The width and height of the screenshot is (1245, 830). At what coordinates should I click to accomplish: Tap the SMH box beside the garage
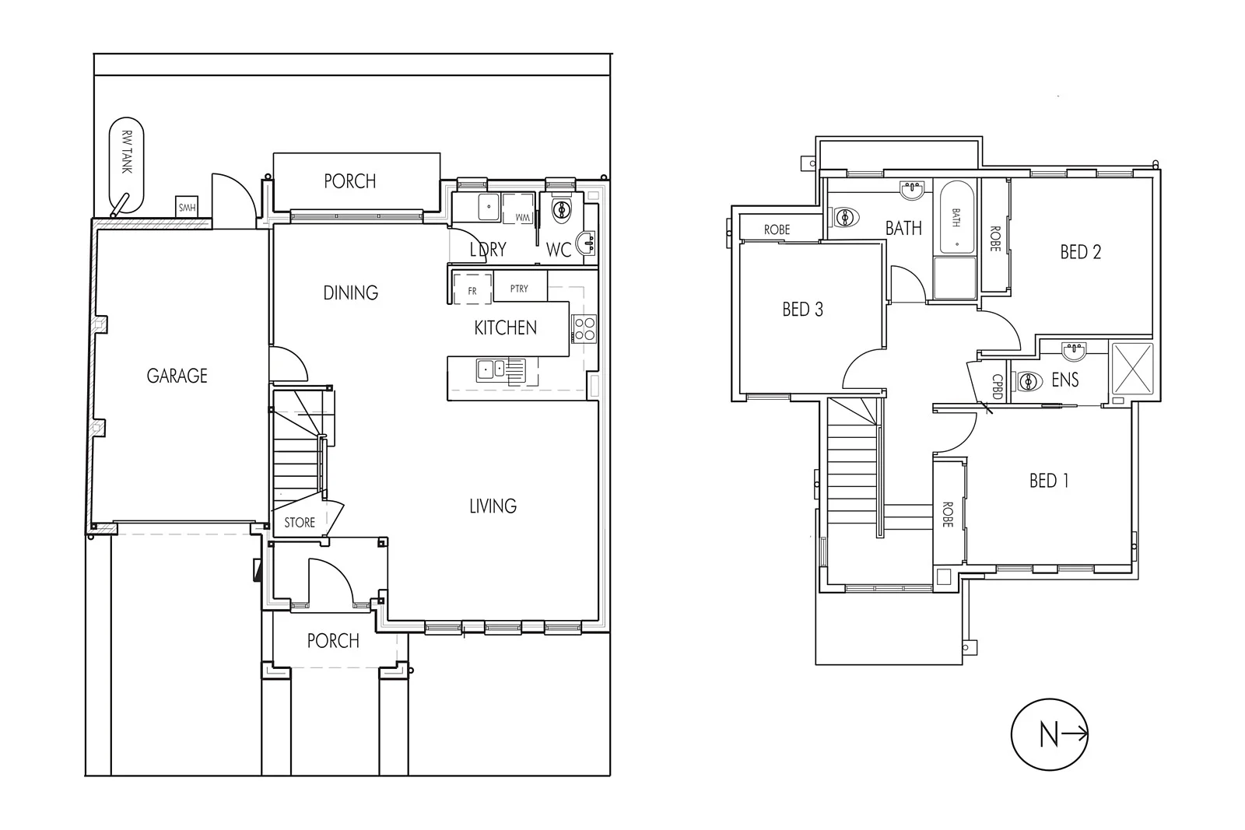point(187,208)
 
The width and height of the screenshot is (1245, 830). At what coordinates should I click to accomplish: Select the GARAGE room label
point(177,376)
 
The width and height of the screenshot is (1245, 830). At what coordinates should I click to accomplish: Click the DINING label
point(350,292)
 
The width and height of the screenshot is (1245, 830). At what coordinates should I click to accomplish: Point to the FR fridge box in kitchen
point(472,289)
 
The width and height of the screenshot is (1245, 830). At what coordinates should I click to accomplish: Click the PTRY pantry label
point(519,289)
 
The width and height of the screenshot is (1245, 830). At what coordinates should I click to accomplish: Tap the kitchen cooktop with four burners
point(584,328)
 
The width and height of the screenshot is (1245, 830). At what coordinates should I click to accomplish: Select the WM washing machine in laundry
point(520,210)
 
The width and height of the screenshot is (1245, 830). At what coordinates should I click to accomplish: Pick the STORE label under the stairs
point(300,523)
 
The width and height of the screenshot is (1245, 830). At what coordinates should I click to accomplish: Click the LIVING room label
point(493,506)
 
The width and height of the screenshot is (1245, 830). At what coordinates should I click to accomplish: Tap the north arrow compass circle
point(1049,735)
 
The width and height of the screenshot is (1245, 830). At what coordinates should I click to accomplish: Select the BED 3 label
point(802,310)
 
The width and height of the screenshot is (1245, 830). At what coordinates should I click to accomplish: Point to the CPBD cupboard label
point(996,386)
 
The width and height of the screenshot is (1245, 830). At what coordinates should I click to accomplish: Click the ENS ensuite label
point(1064,380)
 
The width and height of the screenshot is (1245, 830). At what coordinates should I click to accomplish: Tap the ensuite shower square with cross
point(1132,368)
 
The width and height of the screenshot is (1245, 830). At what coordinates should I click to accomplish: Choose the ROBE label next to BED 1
point(948,514)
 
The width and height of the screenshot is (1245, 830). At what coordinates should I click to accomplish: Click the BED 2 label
point(1080,251)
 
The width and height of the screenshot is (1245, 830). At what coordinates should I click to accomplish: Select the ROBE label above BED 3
point(777,229)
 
